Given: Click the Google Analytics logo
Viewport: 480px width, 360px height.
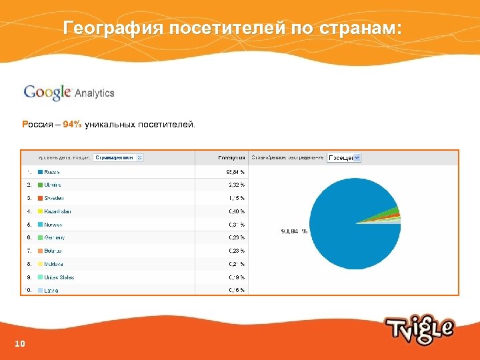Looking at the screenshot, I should (x=69, y=93).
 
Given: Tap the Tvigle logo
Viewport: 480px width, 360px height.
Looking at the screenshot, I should (x=419, y=329).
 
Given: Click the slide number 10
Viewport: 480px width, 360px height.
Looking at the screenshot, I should (x=19, y=344).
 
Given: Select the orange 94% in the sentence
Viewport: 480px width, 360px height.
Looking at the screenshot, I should (x=73, y=125).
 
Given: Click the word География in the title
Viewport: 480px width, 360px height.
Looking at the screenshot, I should (x=112, y=29).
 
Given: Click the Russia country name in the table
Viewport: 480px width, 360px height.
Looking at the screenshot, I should (x=52, y=171).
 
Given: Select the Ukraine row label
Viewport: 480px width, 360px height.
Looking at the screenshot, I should (x=53, y=185).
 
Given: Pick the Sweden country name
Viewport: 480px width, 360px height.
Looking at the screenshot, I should (x=54, y=198).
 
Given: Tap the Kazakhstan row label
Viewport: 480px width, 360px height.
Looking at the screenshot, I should (x=57, y=211).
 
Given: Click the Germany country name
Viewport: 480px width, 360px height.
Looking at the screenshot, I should (x=53, y=237).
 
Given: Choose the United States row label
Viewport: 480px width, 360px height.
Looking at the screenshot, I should (x=59, y=277).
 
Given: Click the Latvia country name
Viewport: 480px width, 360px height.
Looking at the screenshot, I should (x=51, y=290).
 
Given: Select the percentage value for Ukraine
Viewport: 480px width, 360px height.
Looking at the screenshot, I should (x=236, y=185).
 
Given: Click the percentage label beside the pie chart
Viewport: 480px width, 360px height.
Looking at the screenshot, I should (x=293, y=231).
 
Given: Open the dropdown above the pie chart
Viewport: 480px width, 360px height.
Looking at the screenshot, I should (x=344, y=158).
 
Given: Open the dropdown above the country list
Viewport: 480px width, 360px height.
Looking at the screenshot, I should (x=118, y=158).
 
